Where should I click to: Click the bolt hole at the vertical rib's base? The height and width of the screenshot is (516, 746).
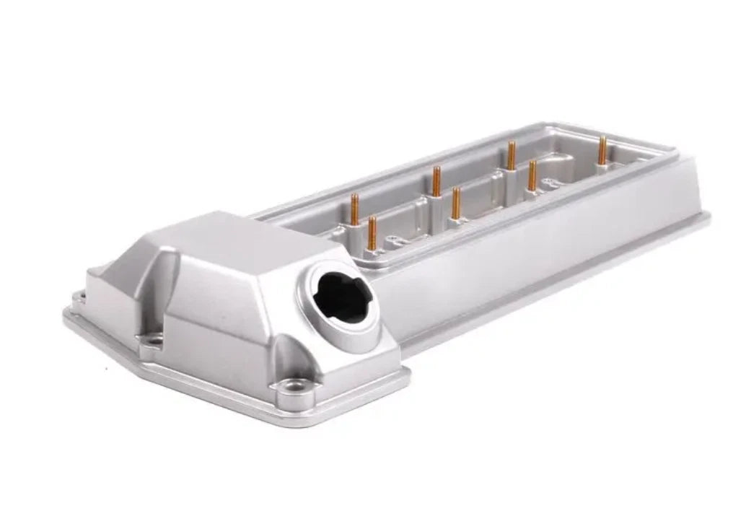tap(153, 339)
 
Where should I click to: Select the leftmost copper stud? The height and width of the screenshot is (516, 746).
tap(354, 209)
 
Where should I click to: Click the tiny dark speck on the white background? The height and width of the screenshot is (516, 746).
tap(106, 369)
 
